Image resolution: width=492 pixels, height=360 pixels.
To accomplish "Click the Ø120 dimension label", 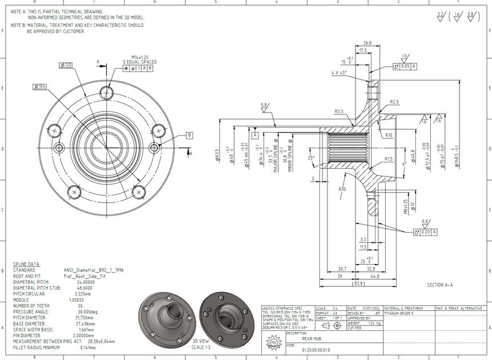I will (66, 65).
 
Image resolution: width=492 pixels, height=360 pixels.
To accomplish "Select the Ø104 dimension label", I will (40, 86).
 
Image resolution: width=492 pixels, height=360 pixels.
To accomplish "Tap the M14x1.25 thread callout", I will (139, 57).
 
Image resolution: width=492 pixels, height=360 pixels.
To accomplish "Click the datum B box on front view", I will (189, 135).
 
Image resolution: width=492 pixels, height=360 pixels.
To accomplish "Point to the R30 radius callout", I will (342, 189).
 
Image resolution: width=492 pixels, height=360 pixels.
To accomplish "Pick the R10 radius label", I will (389, 135).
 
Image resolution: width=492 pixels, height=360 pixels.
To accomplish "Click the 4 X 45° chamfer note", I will (341, 73).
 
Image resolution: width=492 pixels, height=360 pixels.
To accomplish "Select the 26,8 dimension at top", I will (367, 43).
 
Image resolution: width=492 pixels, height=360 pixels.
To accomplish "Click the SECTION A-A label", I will (439, 284).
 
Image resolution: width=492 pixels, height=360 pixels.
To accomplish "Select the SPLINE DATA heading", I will (26, 264).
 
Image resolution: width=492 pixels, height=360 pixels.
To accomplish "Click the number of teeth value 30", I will (80, 306).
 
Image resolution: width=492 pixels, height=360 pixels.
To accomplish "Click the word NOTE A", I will (18, 11).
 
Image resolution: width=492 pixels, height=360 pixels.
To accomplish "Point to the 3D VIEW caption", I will (201, 341).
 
